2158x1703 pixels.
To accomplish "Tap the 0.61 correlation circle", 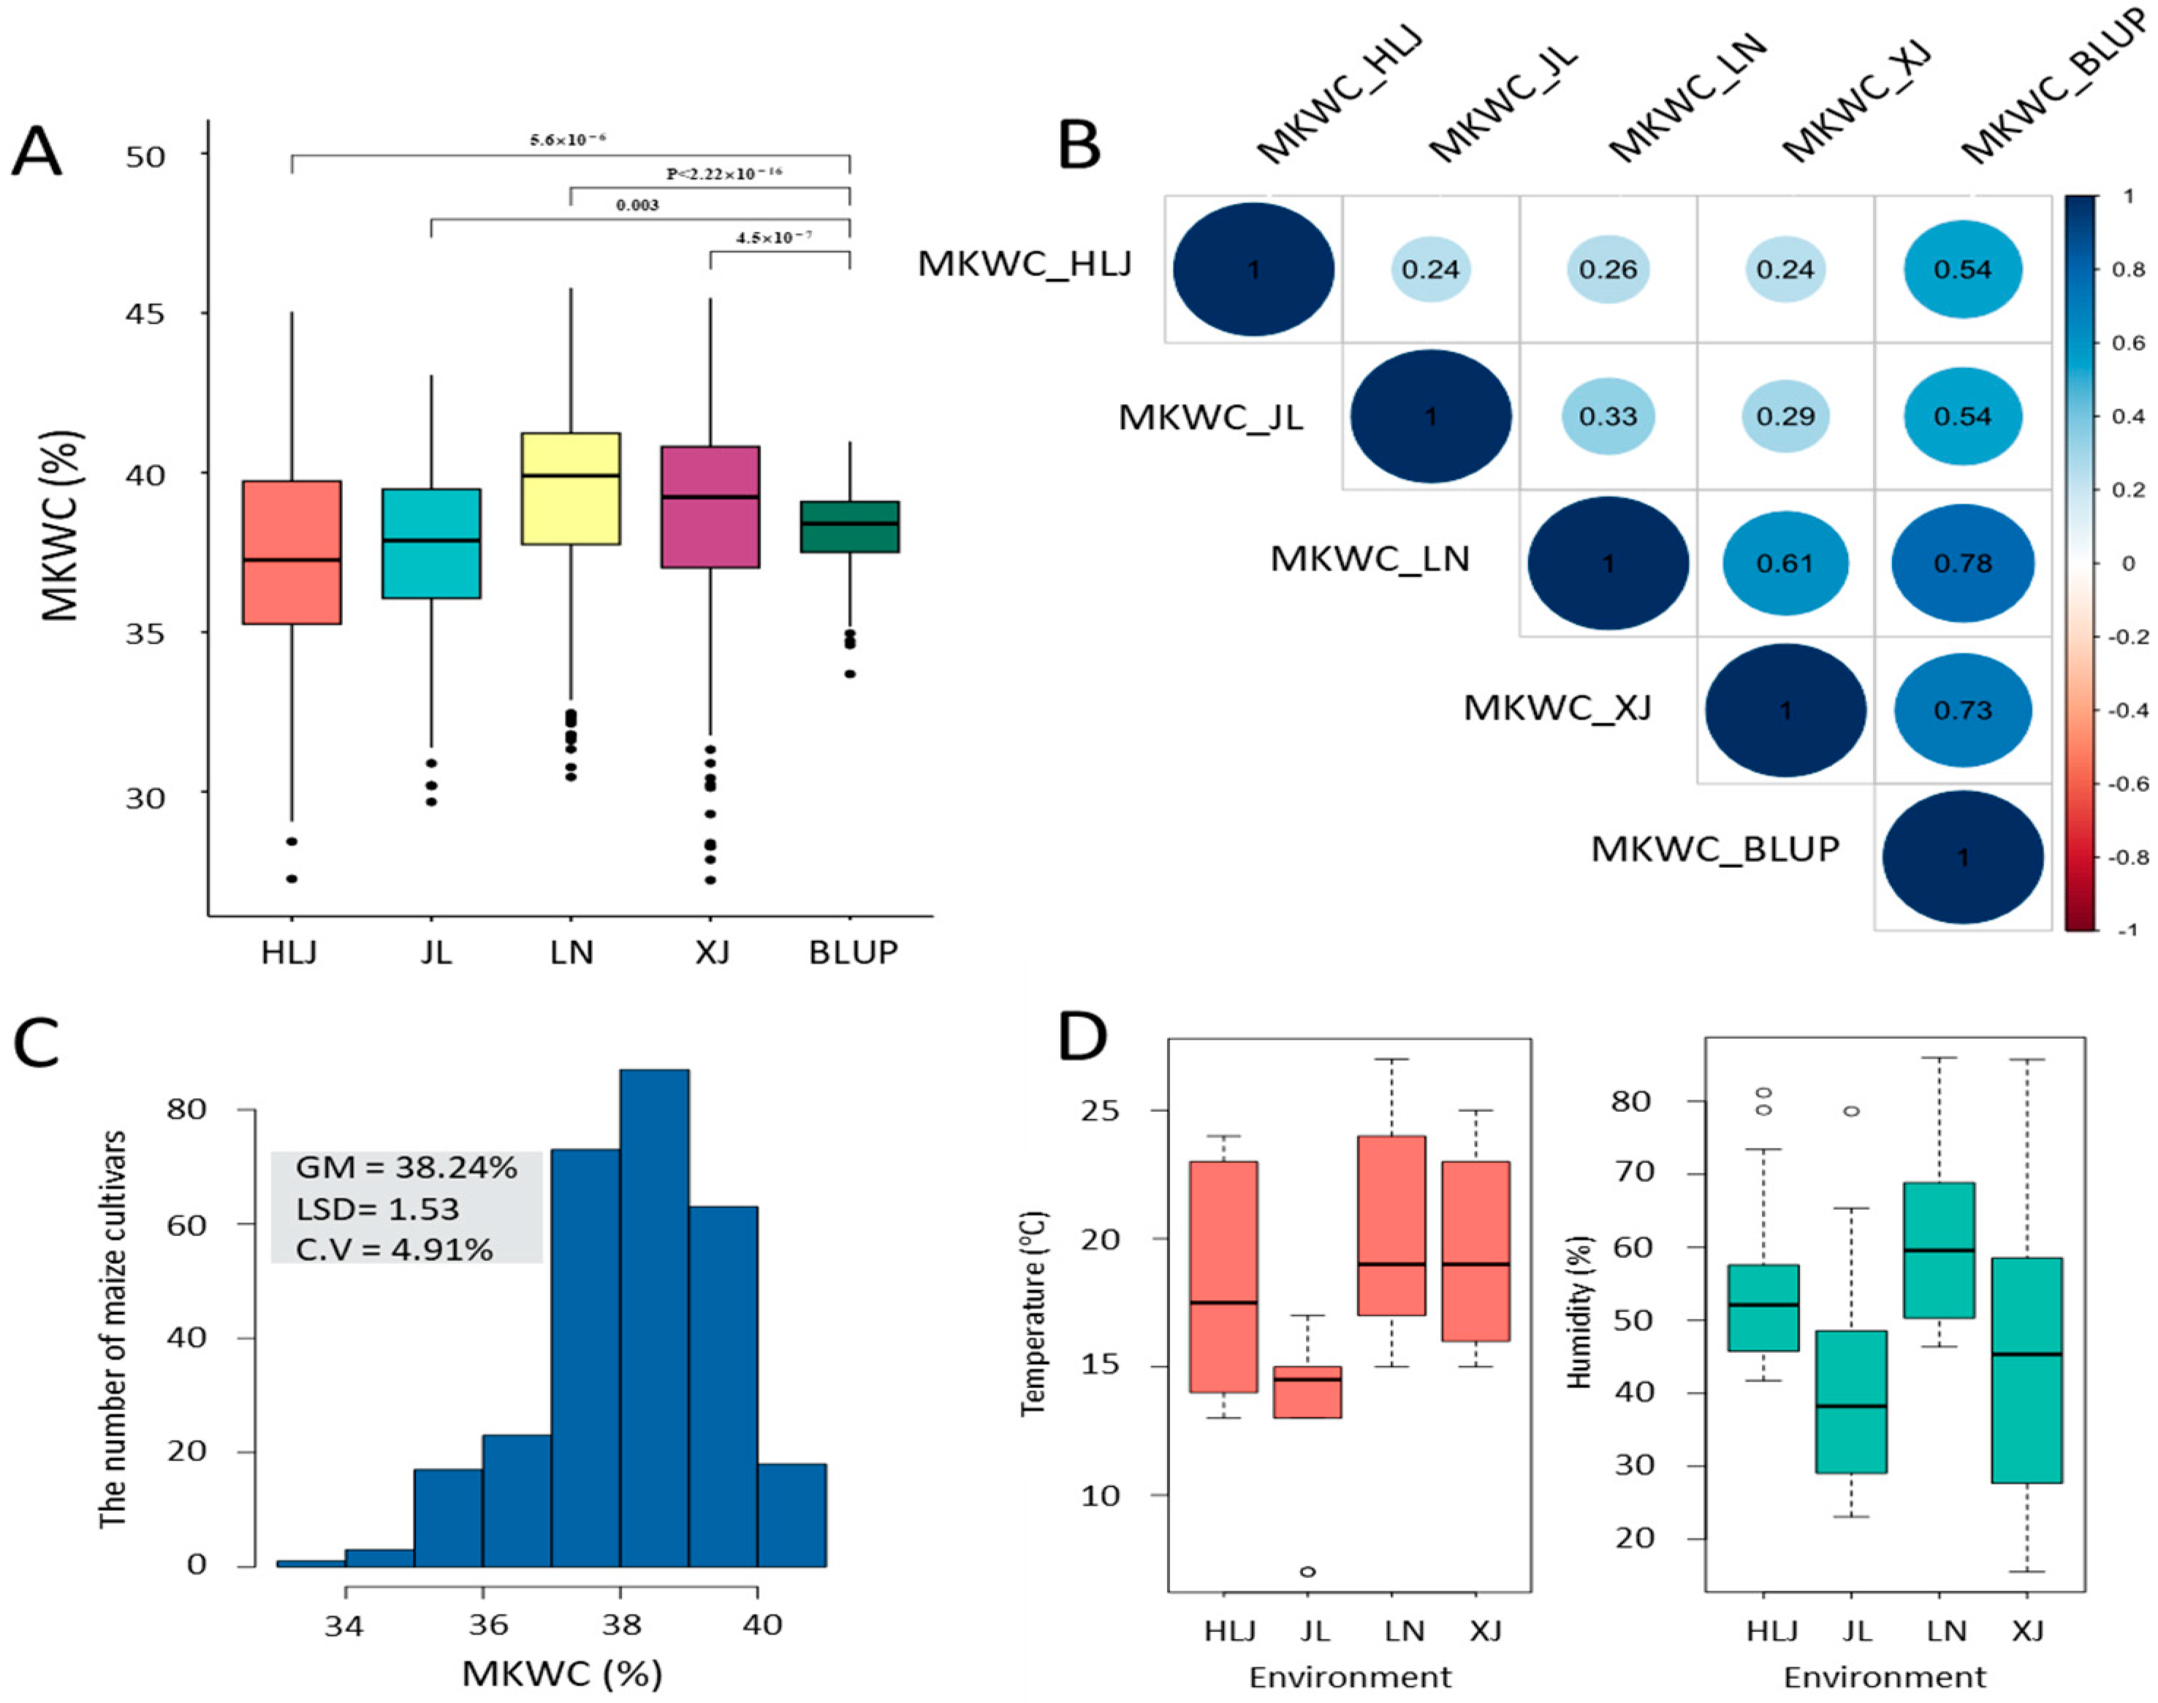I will (1785, 564).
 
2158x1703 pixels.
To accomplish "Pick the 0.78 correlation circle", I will (1963, 564).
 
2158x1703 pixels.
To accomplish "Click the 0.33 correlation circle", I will (1608, 416).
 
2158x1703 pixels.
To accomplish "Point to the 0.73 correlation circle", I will (1963, 711).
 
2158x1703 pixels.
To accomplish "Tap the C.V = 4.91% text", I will (395, 1249).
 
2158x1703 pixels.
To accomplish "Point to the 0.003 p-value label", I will (637, 205).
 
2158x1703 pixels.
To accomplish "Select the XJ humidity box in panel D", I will (2026, 1369).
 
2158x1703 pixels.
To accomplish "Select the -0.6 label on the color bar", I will (2126, 784).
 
